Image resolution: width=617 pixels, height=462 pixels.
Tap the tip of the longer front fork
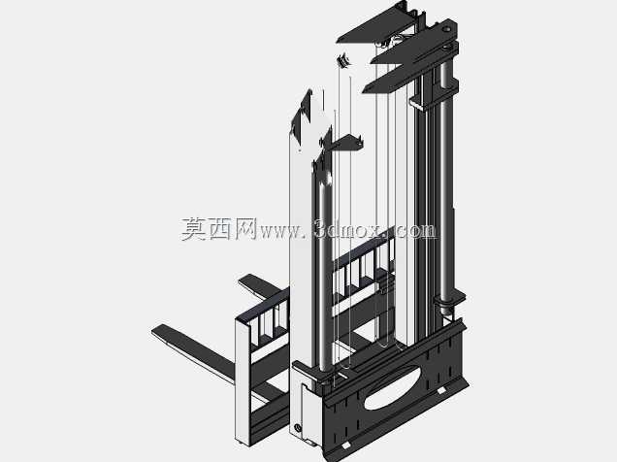[154, 331]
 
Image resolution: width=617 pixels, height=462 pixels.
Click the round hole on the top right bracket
[446, 29]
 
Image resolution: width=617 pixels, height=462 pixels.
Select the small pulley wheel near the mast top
[342, 60]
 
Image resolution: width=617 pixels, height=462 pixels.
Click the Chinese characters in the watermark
[219, 229]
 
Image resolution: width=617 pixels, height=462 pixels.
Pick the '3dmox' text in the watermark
[348, 229]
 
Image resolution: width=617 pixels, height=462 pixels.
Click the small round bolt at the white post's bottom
[298, 427]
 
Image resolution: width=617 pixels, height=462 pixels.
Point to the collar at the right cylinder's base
[449, 302]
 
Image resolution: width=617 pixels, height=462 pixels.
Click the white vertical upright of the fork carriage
[243, 381]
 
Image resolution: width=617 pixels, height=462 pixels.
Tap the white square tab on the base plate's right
[441, 390]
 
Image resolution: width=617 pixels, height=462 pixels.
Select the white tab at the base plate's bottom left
[345, 445]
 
